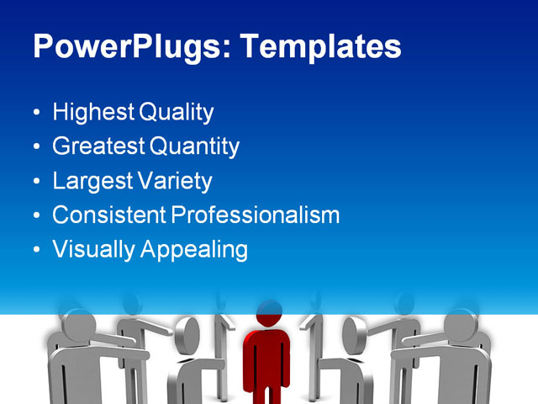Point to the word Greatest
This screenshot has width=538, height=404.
click(x=98, y=146)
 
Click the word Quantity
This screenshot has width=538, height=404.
click(x=195, y=146)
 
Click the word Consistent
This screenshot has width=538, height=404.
click(x=108, y=215)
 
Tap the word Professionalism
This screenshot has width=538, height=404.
click(x=256, y=215)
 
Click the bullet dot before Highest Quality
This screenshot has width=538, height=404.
click(x=35, y=113)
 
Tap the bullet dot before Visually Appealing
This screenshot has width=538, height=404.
click(x=35, y=250)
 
